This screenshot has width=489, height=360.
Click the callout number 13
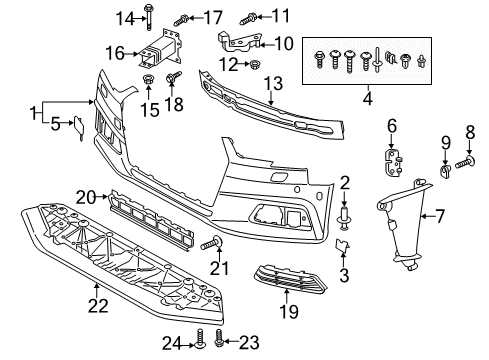[273, 84]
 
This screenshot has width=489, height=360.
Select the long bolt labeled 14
[148, 17]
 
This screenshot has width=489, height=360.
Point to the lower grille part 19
[289, 279]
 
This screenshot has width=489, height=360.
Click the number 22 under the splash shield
[98, 306]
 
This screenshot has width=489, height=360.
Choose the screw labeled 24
[200, 340]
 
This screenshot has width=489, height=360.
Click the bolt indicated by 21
[212, 243]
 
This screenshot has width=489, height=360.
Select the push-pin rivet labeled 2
[345, 218]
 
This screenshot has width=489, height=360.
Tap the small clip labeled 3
[342, 247]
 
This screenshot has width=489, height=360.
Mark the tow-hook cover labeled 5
[79, 127]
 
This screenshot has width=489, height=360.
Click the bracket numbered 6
[393, 163]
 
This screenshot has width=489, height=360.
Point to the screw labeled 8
[465, 162]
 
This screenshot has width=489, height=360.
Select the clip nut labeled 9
[445, 170]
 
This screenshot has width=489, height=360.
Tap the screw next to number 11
[248, 19]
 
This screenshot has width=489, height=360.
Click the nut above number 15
[147, 80]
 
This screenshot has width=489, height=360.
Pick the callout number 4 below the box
[367, 99]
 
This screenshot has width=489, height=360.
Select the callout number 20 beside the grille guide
[86, 197]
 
